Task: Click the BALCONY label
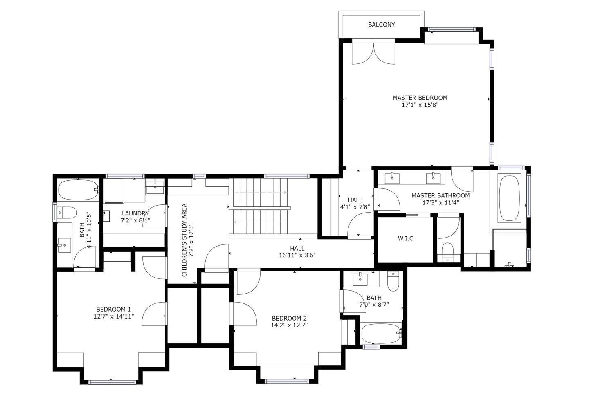[x=381, y=25]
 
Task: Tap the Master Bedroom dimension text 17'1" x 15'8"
[x=420, y=105]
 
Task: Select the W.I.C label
[x=406, y=238]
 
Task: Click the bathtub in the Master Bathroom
[x=510, y=198]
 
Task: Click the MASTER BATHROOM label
[x=440, y=195]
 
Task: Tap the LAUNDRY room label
[x=135, y=213]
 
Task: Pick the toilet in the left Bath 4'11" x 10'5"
[x=67, y=213]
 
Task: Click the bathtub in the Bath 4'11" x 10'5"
[x=79, y=190]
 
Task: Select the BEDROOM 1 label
[x=113, y=309]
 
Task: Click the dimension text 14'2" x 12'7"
[x=289, y=325]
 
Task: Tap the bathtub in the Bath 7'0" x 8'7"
[x=381, y=334]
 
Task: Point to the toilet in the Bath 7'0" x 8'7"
[x=393, y=281]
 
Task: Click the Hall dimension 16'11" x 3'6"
[x=297, y=255]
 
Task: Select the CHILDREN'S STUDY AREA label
[x=184, y=240]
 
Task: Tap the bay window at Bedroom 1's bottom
[x=112, y=382]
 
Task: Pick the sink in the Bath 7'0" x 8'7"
[x=360, y=279]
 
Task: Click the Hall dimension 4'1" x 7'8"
[x=355, y=207]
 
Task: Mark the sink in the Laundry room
[x=155, y=186]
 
